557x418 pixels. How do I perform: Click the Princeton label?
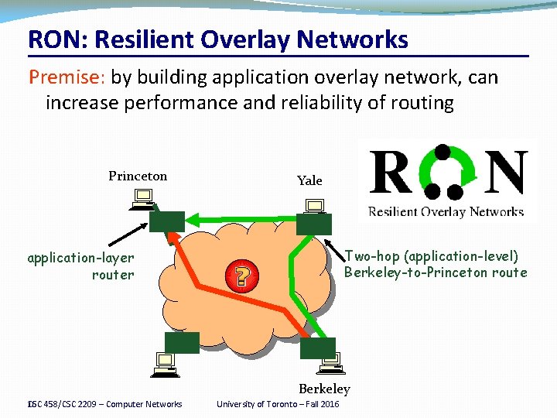pos(138,176)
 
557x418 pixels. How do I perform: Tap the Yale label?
pos(309,180)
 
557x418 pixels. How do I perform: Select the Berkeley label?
pos(324,389)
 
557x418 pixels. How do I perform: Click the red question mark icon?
pos(242,276)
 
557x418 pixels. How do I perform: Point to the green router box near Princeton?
pos(167,222)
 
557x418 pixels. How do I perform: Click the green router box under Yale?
pos(313,224)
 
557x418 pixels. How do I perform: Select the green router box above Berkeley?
pos(318,348)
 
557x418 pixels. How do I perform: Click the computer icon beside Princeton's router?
pos(142,203)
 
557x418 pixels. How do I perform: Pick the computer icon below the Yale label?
pos(315,205)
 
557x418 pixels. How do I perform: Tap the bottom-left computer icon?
pos(166,364)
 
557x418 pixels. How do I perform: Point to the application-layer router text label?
pos(80,266)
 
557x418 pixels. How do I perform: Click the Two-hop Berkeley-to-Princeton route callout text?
pos(435,264)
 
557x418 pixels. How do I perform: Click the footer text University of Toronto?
pos(277,404)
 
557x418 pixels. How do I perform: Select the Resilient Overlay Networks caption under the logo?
pos(446,211)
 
